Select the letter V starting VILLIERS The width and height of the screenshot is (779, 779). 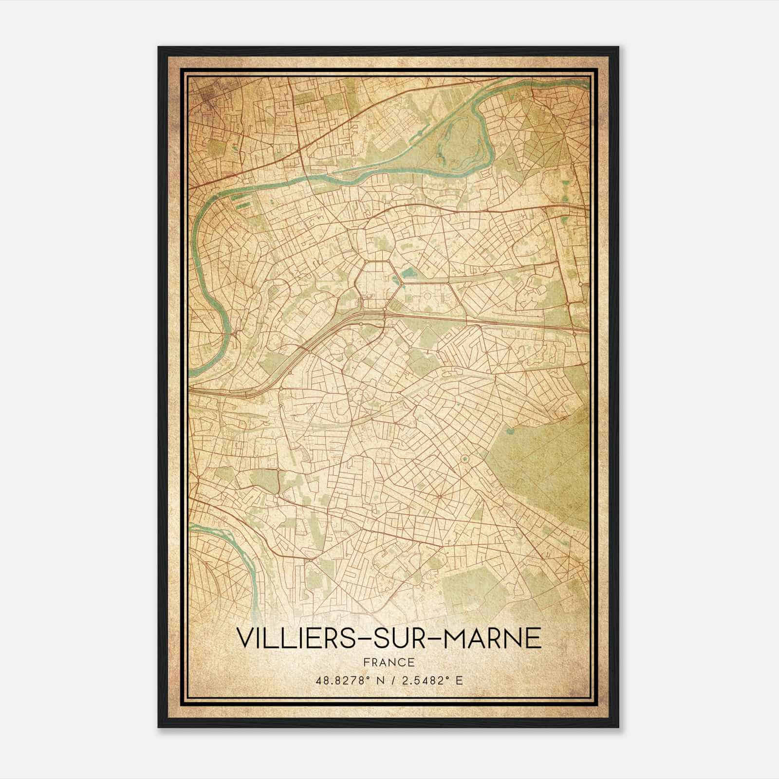click(243, 638)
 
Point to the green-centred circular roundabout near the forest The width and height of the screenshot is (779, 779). click(464, 459)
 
